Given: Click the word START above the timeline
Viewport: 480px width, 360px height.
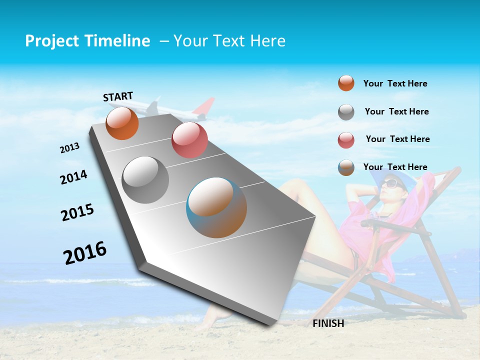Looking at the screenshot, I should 118,96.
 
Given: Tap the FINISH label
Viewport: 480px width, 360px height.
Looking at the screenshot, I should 328,323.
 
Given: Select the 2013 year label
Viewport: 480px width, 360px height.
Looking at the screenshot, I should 70,148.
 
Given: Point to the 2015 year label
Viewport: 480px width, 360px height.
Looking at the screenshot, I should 77,212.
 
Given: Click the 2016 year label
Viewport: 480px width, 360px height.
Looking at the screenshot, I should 85,252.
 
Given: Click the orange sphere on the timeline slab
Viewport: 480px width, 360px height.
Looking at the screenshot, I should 122,123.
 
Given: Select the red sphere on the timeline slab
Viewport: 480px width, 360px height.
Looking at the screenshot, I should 189,140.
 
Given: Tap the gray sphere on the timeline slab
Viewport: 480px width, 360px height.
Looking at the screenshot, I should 145,180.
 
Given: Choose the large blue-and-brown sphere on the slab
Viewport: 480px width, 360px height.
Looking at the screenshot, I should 216,207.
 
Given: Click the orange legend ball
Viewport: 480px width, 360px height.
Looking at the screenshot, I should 346,83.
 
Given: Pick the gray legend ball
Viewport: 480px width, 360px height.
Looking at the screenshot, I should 346,112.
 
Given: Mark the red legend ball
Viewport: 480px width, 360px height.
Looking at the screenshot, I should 346,140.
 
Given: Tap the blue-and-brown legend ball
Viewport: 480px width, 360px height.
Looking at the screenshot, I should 346,167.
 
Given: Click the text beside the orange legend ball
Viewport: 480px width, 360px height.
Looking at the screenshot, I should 395,83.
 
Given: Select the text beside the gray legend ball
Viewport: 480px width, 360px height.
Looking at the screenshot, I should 396,111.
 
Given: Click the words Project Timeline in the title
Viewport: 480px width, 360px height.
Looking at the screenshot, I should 87,41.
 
